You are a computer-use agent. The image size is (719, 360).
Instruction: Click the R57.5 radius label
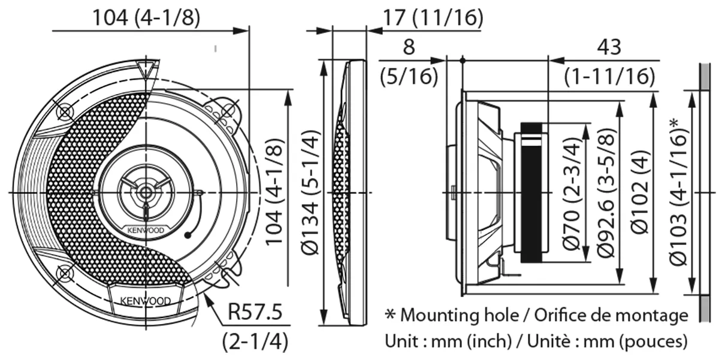(255, 311)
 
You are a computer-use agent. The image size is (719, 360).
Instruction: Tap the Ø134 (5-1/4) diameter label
(310, 192)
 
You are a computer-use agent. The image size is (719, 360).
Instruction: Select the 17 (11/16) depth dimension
(433, 17)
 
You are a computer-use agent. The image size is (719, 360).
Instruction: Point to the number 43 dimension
(609, 47)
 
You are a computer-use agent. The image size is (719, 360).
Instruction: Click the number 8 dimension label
(409, 47)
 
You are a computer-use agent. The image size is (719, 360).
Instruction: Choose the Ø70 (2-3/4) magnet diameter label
(572, 194)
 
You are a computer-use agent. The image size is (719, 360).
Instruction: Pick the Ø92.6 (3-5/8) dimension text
(606, 193)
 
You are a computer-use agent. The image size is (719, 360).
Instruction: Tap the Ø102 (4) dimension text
(640, 192)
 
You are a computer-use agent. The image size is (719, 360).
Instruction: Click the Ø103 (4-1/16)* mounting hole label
(678, 192)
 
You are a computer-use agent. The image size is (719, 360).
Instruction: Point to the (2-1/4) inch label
(255, 341)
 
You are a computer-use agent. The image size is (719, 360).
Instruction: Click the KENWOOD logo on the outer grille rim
(146, 301)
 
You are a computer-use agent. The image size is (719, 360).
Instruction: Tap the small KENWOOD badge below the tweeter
(146, 231)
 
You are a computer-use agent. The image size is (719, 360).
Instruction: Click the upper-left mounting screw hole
(65, 112)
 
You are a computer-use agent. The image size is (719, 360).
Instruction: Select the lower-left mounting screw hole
(65, 273)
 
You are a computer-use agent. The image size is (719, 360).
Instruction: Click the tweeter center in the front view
(146, 192)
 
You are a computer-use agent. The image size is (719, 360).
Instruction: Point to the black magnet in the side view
(531, 192)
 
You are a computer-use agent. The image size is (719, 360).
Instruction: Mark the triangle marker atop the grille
(146, 69)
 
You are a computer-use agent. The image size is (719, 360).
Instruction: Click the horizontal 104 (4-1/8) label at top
(146, 17)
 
